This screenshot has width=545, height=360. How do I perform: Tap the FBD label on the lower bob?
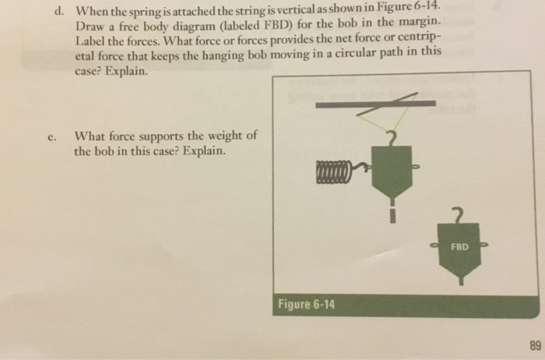pos(460,246)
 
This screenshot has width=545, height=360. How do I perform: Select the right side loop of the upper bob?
pos(418,165)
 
